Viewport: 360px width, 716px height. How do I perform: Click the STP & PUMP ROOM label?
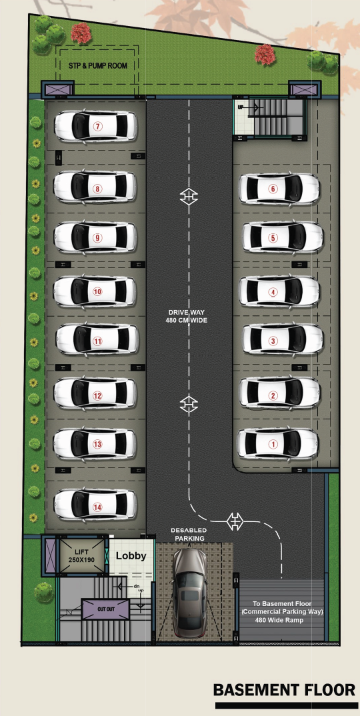coord(98,66)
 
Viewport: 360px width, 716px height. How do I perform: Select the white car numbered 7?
coord(95,126)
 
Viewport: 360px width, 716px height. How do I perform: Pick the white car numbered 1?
coord(278,443)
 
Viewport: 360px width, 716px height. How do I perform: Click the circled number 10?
coord(97,292)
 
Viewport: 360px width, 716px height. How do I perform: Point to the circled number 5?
coord(273,238)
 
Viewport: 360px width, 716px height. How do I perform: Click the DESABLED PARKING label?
coord(189,534)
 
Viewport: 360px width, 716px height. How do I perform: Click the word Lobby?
coord(131,556)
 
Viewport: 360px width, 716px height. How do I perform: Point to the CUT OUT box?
coord(105,609)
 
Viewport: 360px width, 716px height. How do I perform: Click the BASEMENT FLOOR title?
coord(284,689)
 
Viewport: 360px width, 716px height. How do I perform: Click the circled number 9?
coord(97,237)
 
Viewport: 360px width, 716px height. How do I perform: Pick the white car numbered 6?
coord(279,189)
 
